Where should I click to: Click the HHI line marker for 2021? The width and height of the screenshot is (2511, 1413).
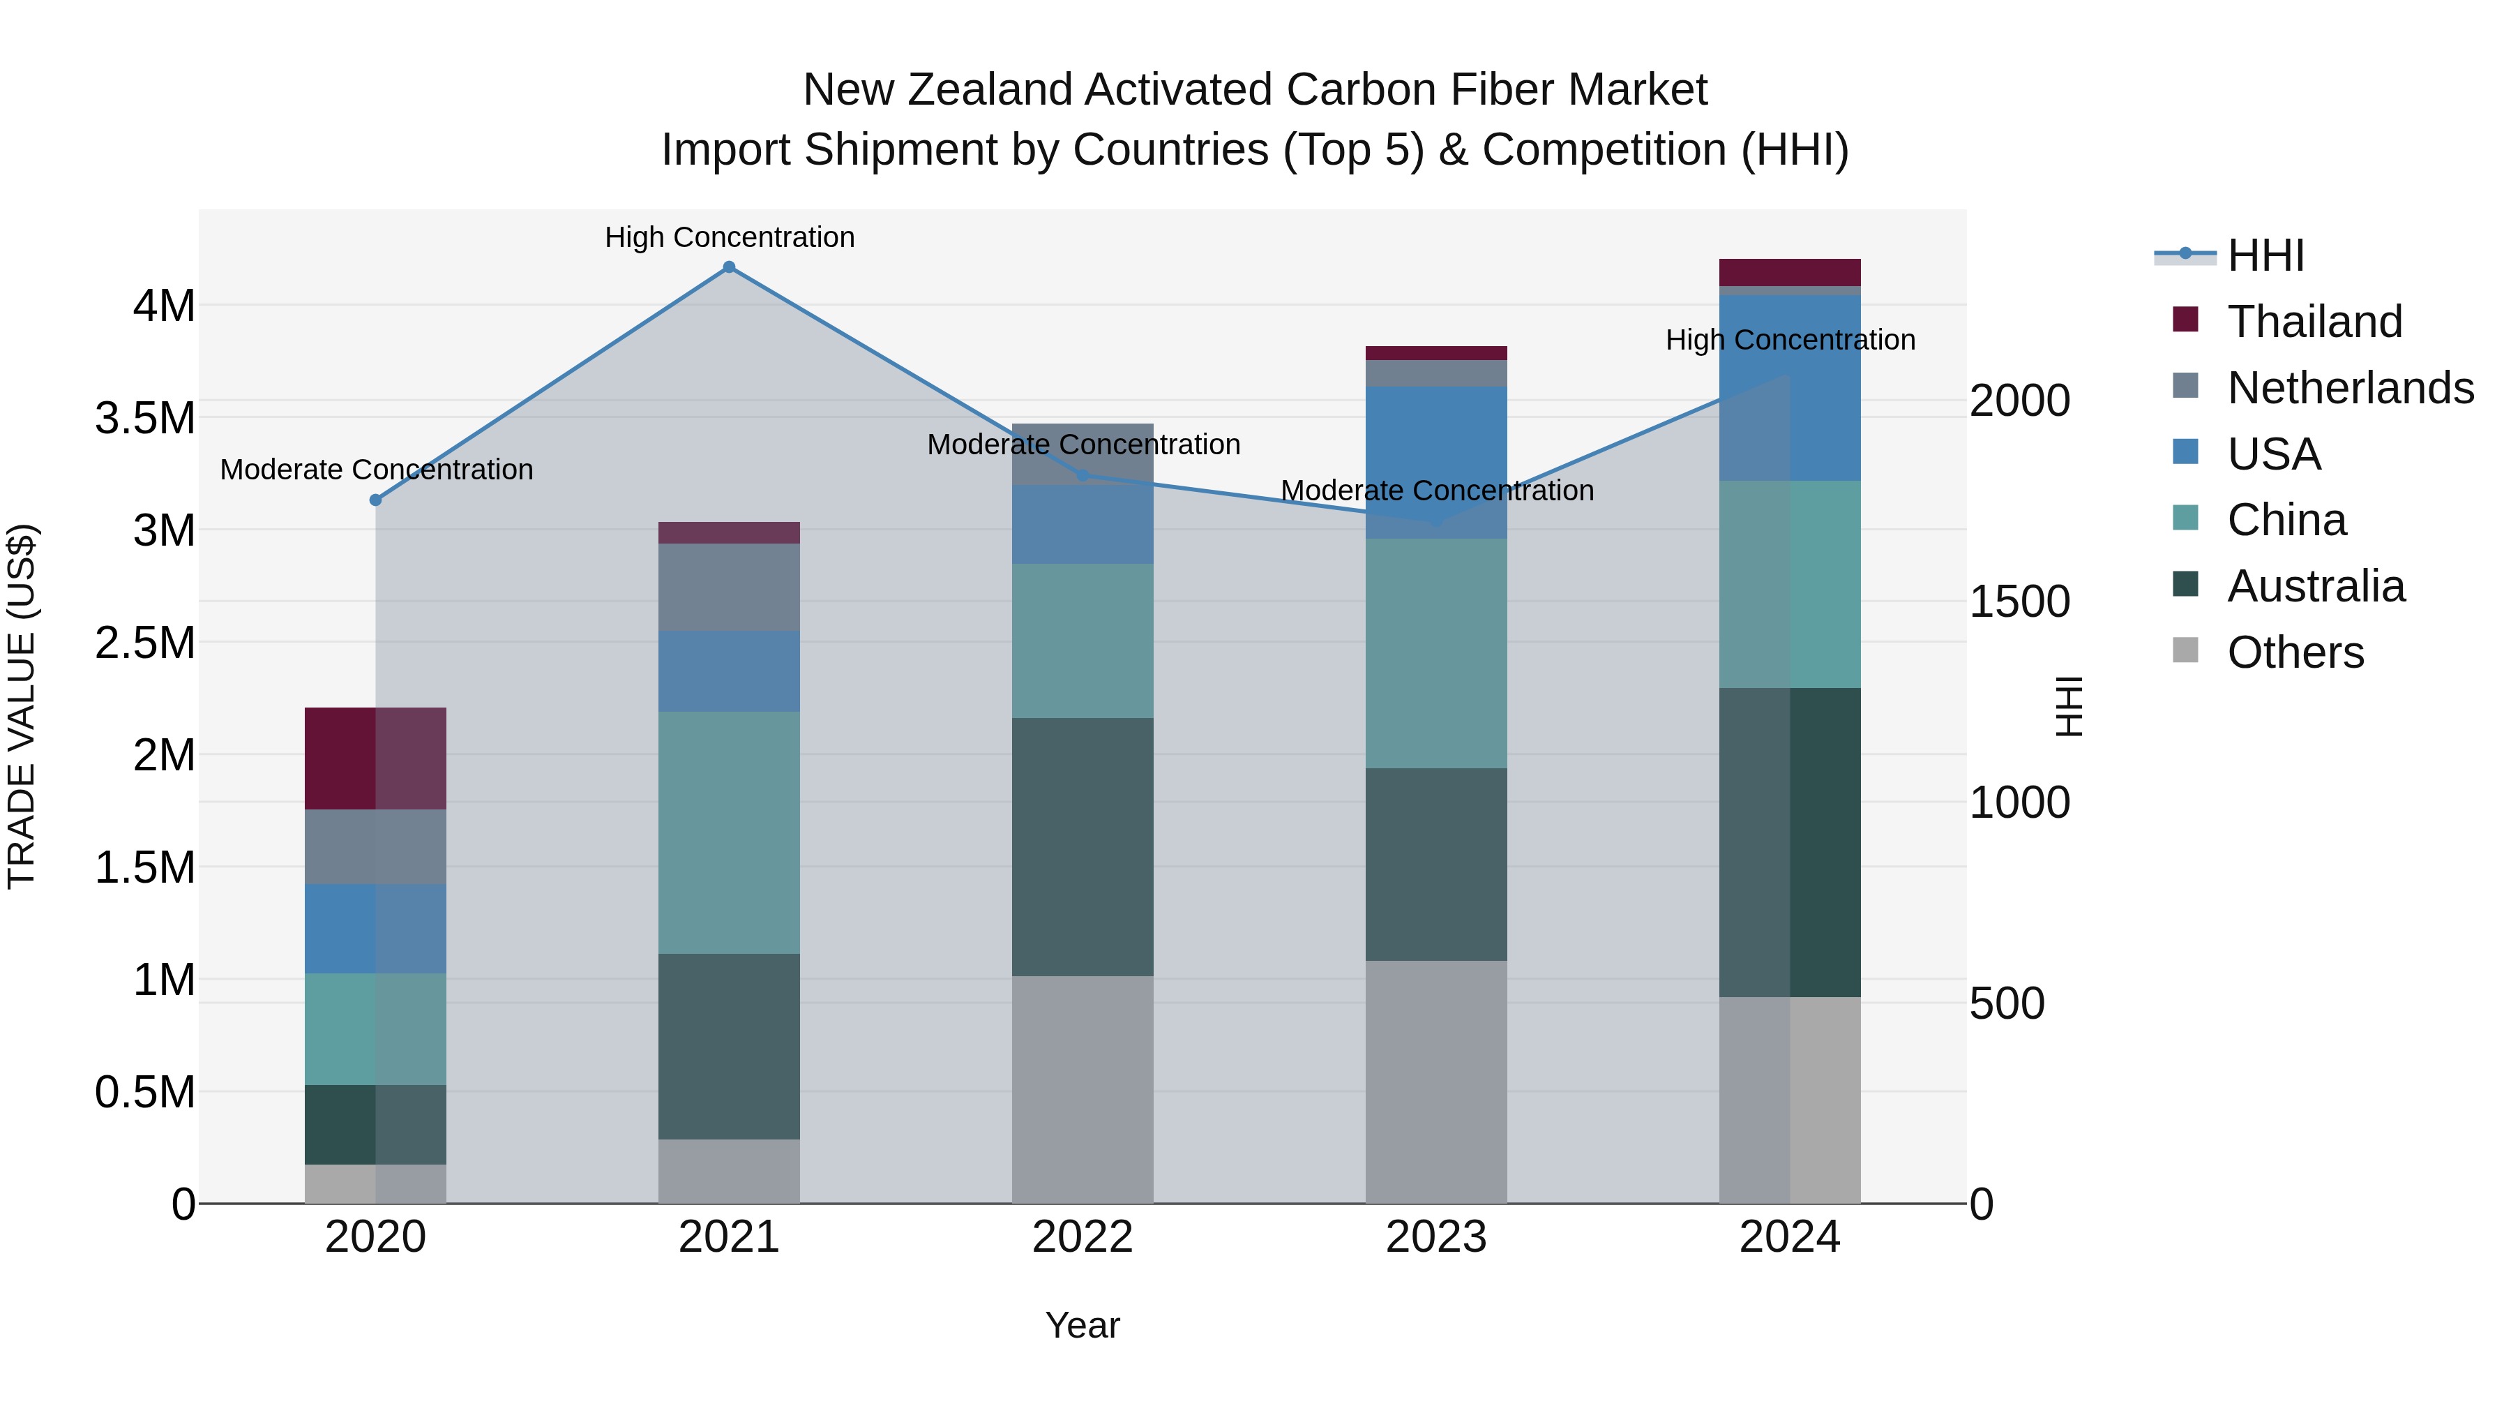point(728,267)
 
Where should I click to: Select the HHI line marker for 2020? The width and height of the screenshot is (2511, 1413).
point(375,500)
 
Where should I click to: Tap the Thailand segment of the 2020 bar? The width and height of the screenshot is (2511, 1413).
point(375,758)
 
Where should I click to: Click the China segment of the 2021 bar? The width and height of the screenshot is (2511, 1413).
point(728,832)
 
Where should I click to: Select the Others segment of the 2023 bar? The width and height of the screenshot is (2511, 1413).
point(1436,1082)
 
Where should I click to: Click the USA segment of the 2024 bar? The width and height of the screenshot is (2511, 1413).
point(1790,388)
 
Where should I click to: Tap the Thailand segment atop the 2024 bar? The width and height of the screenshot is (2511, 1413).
point(1790,272)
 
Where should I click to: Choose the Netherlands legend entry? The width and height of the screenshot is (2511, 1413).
point(2349,388)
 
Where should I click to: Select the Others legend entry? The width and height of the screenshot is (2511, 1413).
point(2295,652)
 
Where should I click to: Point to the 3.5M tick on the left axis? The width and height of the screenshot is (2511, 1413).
point(144,419)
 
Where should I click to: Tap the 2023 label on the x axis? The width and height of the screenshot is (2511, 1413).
point(1436,1237)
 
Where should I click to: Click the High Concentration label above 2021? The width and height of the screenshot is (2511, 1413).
point(729,237)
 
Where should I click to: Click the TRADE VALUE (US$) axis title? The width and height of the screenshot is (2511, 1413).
point(22,706)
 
